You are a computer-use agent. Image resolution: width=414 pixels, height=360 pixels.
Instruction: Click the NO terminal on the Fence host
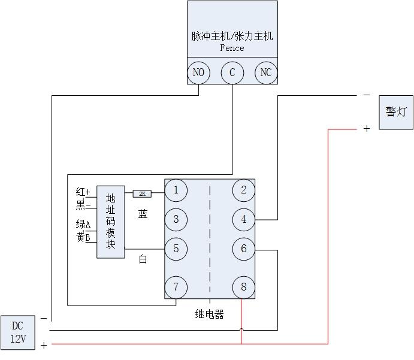198,73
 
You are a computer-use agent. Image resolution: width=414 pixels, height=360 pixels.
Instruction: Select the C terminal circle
232,73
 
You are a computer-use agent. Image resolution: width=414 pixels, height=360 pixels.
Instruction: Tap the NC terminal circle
266,73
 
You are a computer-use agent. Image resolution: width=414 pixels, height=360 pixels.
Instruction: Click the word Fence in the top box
232,48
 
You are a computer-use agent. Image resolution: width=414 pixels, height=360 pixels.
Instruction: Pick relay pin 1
176,190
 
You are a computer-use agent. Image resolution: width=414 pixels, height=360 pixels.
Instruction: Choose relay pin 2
243,190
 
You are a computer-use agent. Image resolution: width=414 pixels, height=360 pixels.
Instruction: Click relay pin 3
176,219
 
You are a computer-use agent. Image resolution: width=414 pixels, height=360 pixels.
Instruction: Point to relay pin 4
243,219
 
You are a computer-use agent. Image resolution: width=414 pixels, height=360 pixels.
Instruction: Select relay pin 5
176,249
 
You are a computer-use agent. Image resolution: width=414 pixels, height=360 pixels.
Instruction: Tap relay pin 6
243,249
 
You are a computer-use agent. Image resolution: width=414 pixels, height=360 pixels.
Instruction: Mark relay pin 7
176,287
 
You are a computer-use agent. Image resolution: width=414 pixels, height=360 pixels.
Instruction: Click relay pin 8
243,287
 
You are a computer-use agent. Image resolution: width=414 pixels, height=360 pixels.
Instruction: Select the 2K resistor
143,193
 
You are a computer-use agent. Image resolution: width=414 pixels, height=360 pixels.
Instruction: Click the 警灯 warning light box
395,112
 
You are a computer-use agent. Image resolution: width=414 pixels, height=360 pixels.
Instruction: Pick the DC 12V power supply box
18,332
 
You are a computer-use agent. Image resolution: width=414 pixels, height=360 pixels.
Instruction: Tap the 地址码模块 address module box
111,221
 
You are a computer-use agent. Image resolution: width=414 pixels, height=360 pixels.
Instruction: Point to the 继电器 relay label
209,314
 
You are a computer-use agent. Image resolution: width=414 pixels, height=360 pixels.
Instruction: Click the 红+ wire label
83,192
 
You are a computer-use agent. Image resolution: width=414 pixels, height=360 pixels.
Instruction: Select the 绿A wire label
83,225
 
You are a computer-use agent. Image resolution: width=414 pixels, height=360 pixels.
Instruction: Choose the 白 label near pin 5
143,259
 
